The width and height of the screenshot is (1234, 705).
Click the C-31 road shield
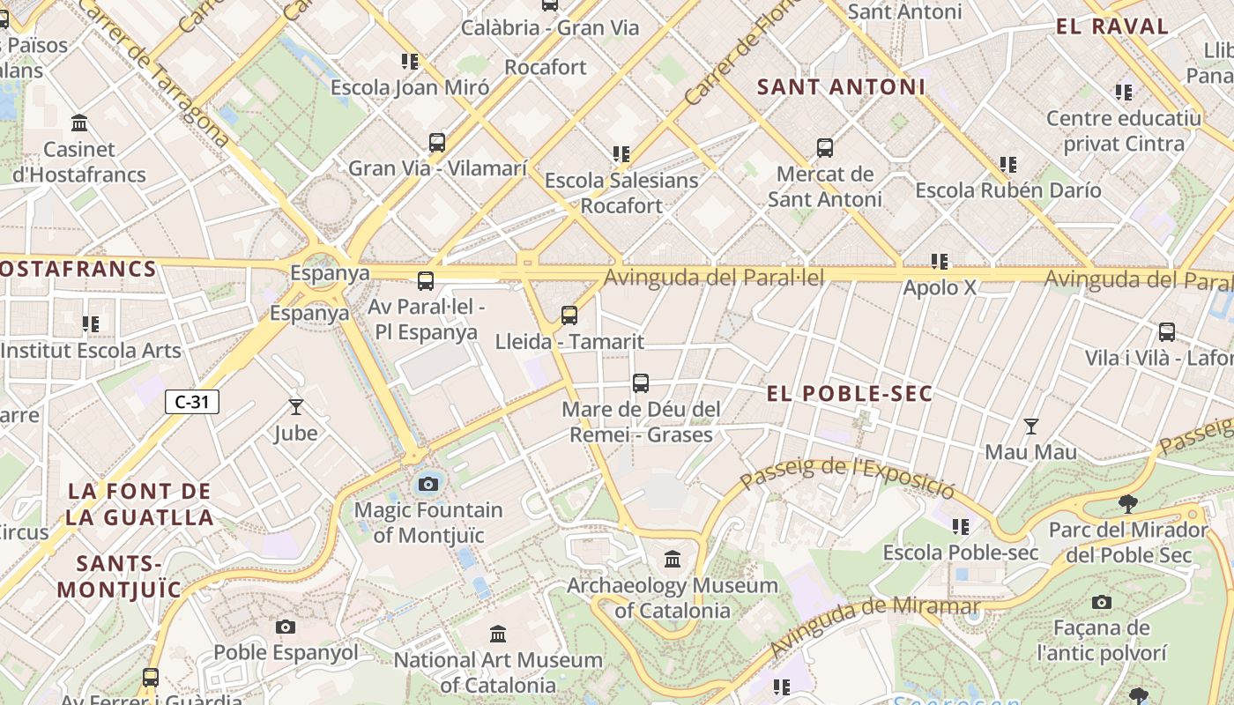[x=192, y=402]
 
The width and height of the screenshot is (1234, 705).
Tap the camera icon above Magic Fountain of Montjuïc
[x=428, y=484]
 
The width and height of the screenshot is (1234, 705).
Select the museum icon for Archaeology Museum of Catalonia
[x=673, y=559]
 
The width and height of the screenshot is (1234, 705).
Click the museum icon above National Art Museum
[x=498, y=634]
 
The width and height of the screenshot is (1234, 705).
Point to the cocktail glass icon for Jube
[x=295, y=407]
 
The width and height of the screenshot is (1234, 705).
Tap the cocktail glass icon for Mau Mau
[x=1030, y=427]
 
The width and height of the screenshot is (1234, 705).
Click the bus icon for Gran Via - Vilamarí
[x=437, y=142]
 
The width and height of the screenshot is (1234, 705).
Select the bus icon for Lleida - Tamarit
[x=569, y=315]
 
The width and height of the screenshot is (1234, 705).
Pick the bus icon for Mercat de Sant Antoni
[x=825, y=148]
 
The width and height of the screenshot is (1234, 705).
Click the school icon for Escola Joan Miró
[x=410, y=62]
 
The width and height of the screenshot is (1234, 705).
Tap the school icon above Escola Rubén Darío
[x=1008, y=164]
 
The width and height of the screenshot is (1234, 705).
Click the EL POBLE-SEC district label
[x=850, y=394]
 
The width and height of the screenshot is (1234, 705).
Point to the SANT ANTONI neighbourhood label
[x=841, y=87]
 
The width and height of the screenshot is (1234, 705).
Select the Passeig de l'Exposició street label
[x=847, y=475]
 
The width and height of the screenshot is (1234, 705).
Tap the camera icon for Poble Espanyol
[x=286, y=627]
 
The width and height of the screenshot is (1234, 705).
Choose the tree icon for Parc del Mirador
[x=1127, y=504]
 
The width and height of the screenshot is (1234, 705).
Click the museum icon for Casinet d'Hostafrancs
[x=79, y=122]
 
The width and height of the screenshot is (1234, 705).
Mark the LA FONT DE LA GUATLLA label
[x=139, y=504]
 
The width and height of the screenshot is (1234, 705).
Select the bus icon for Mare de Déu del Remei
[x=641, y=383]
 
